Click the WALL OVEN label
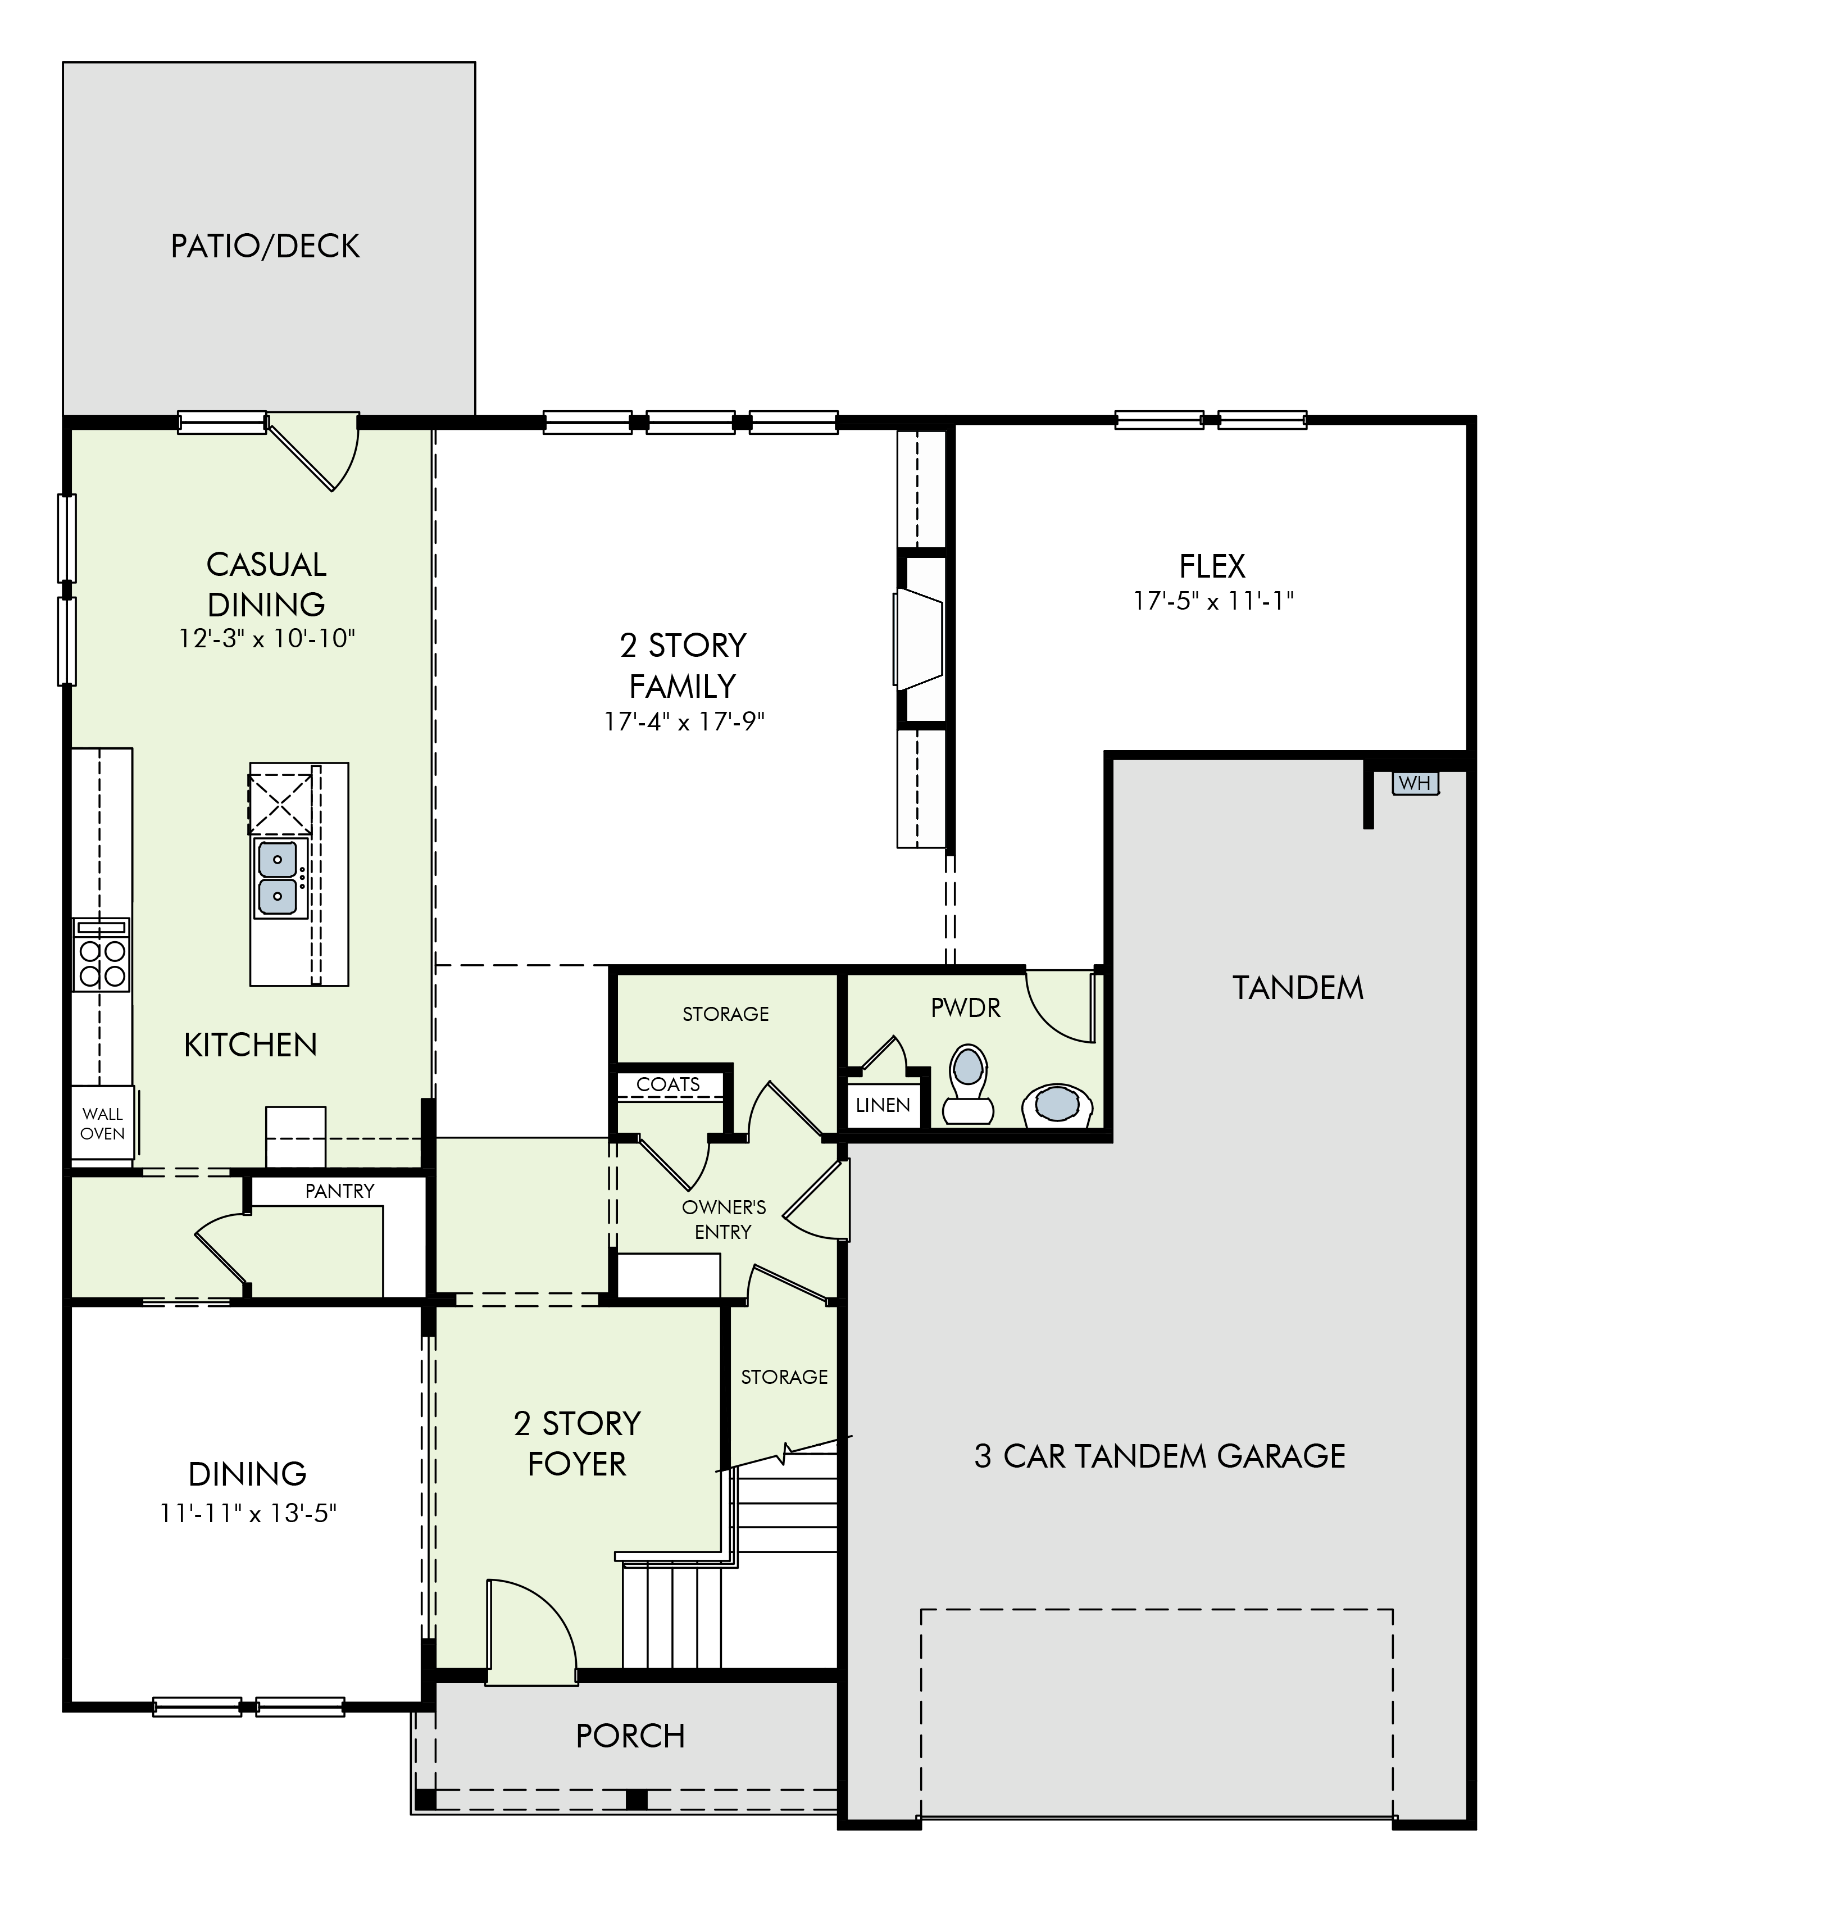coord(103,1123)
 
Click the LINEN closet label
coord(883,1105)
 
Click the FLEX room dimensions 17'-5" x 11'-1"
coord(1213,601)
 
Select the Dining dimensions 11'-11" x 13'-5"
coord(248,1514)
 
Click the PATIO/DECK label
coord(266,246)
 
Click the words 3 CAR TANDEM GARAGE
coord(1160,1456)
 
